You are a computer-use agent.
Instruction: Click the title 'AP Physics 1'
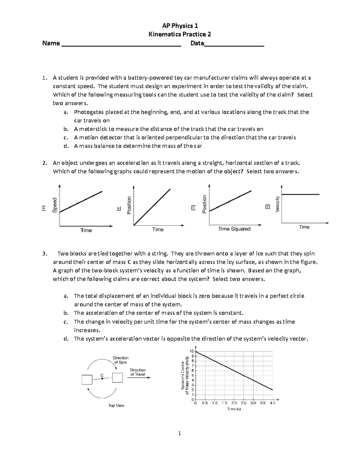click(x=180, y=26)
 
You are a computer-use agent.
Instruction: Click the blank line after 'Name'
click(x=121, y=45)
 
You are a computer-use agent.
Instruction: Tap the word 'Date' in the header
click(x=197, y=43)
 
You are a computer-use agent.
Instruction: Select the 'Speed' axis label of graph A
click(x=55, y=205)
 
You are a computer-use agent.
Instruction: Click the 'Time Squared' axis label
click(x=234, y=229)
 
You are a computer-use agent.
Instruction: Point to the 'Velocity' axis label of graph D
click(x=277, y=204)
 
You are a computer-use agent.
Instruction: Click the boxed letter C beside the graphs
click(x=193, y=208)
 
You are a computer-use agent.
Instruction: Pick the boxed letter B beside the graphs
click(x=118, y=208)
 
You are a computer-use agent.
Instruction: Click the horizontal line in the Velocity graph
click(x=300, y=194)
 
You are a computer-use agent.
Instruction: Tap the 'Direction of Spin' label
click(x=120, y=360)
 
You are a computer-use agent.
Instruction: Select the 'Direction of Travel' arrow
click(x=139, y=378)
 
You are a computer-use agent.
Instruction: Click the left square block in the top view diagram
click(x=87, y=380)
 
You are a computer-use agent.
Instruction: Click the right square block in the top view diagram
click(x=117, y=377)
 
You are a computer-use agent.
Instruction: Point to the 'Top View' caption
click(x=116, y=405)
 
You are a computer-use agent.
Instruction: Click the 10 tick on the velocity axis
click(x=192, y=351)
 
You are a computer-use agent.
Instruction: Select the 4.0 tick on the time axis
click(x=272, y=403)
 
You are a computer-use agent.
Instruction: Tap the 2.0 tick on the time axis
click(x=234, y=403)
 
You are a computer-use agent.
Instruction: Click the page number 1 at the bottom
click(x=179, y=433)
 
